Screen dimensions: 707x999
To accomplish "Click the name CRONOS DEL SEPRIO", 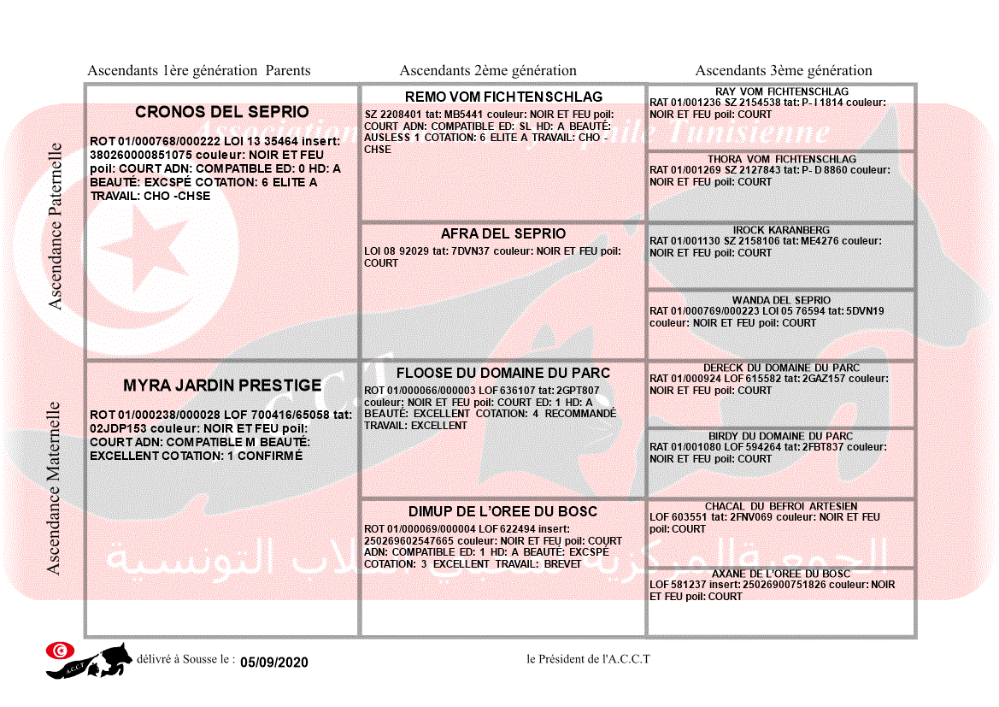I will [222, 112].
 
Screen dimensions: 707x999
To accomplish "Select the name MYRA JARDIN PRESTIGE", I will [222, 386].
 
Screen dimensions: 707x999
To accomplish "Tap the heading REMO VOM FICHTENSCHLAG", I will [503, 97].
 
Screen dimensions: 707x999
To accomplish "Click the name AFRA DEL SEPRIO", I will [503, 233].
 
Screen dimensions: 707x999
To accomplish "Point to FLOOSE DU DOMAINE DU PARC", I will [503, 373].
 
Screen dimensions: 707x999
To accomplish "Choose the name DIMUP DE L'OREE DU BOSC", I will [503, 511].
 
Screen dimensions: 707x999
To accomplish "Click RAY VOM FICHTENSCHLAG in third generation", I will [781, 91].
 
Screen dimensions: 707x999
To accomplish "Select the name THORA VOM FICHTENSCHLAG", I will [781, 159].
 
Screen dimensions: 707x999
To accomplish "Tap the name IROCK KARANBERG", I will [781, 230].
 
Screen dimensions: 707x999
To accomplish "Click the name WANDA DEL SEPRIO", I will [781, 300].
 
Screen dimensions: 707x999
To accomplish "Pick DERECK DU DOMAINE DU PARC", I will [781, 368].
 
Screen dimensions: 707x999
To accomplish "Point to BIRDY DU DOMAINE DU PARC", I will [781, 436].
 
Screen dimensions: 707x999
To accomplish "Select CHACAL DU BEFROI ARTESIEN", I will [781, 506].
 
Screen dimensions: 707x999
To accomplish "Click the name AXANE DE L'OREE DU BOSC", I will [781, 574].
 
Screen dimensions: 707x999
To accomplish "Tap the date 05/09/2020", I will [273, 663].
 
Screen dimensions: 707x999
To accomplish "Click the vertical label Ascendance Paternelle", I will [56, 226].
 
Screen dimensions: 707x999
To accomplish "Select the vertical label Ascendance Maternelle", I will [54, 487].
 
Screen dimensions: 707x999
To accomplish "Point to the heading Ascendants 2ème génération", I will [488, 71].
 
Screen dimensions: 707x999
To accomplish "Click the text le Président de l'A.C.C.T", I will [588, 658].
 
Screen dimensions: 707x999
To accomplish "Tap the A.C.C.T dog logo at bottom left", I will [89, 660].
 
